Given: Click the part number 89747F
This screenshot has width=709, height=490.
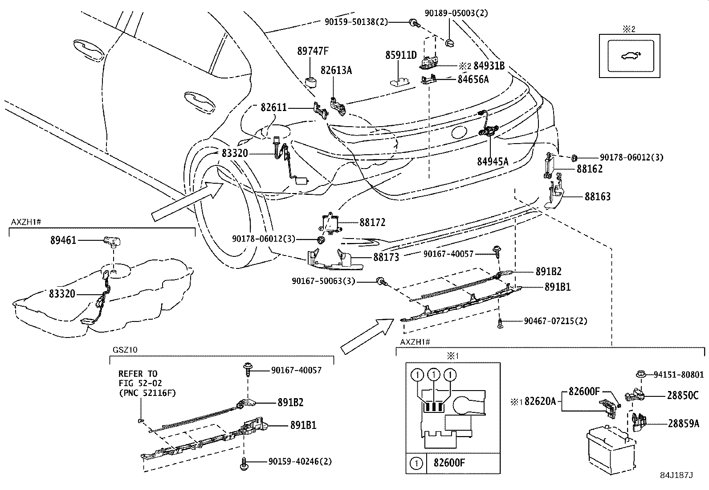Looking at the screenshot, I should [313, 51].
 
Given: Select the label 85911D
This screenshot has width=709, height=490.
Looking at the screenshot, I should [401, 55].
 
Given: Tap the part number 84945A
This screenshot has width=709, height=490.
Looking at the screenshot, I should [493, 161].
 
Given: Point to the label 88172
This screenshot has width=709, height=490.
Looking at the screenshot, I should [372, 222].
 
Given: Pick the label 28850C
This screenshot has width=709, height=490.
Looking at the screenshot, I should [683, 395].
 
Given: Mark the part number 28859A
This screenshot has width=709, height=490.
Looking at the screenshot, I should [683, 424].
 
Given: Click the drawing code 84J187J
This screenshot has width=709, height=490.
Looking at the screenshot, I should [676, 475].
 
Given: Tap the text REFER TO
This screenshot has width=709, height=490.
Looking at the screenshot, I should [138, 374].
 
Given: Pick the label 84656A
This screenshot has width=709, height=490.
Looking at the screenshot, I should [473, 79].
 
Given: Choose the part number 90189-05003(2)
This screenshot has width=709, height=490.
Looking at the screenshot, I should [456, 13].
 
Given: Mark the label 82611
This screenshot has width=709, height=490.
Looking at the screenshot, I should [273, 108].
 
